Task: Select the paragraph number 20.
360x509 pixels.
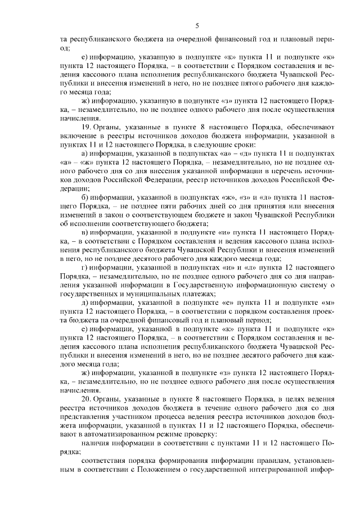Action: click(x=85, y=398)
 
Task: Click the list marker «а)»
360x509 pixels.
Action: click(x=85, y=154)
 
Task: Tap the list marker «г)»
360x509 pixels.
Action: click(x=85, y=267)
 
